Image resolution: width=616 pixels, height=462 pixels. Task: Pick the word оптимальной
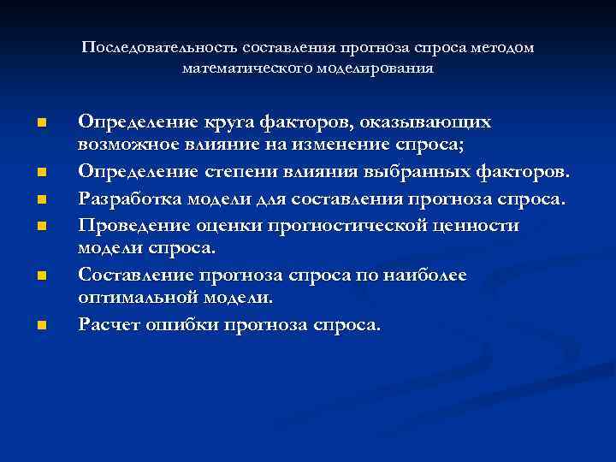(x=137, y=296)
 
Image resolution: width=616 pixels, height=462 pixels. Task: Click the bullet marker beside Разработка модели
(x=41, y=200)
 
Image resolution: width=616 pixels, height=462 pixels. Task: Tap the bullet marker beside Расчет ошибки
(x=41, y=325)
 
